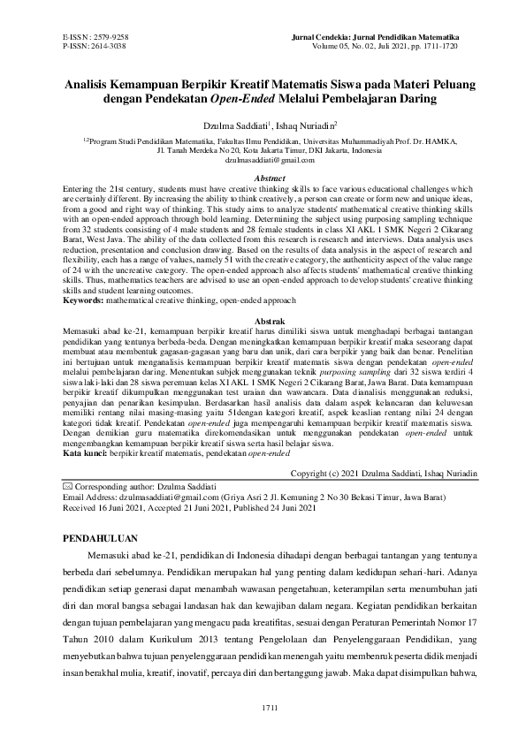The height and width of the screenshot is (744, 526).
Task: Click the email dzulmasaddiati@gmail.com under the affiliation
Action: [x=263, y=159]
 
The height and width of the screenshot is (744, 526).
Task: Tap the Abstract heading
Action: [x=263, y=178]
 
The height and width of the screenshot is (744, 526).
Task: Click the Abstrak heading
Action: [x=263, y=317]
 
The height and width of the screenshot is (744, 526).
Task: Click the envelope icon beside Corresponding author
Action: [x=69, y=487]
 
